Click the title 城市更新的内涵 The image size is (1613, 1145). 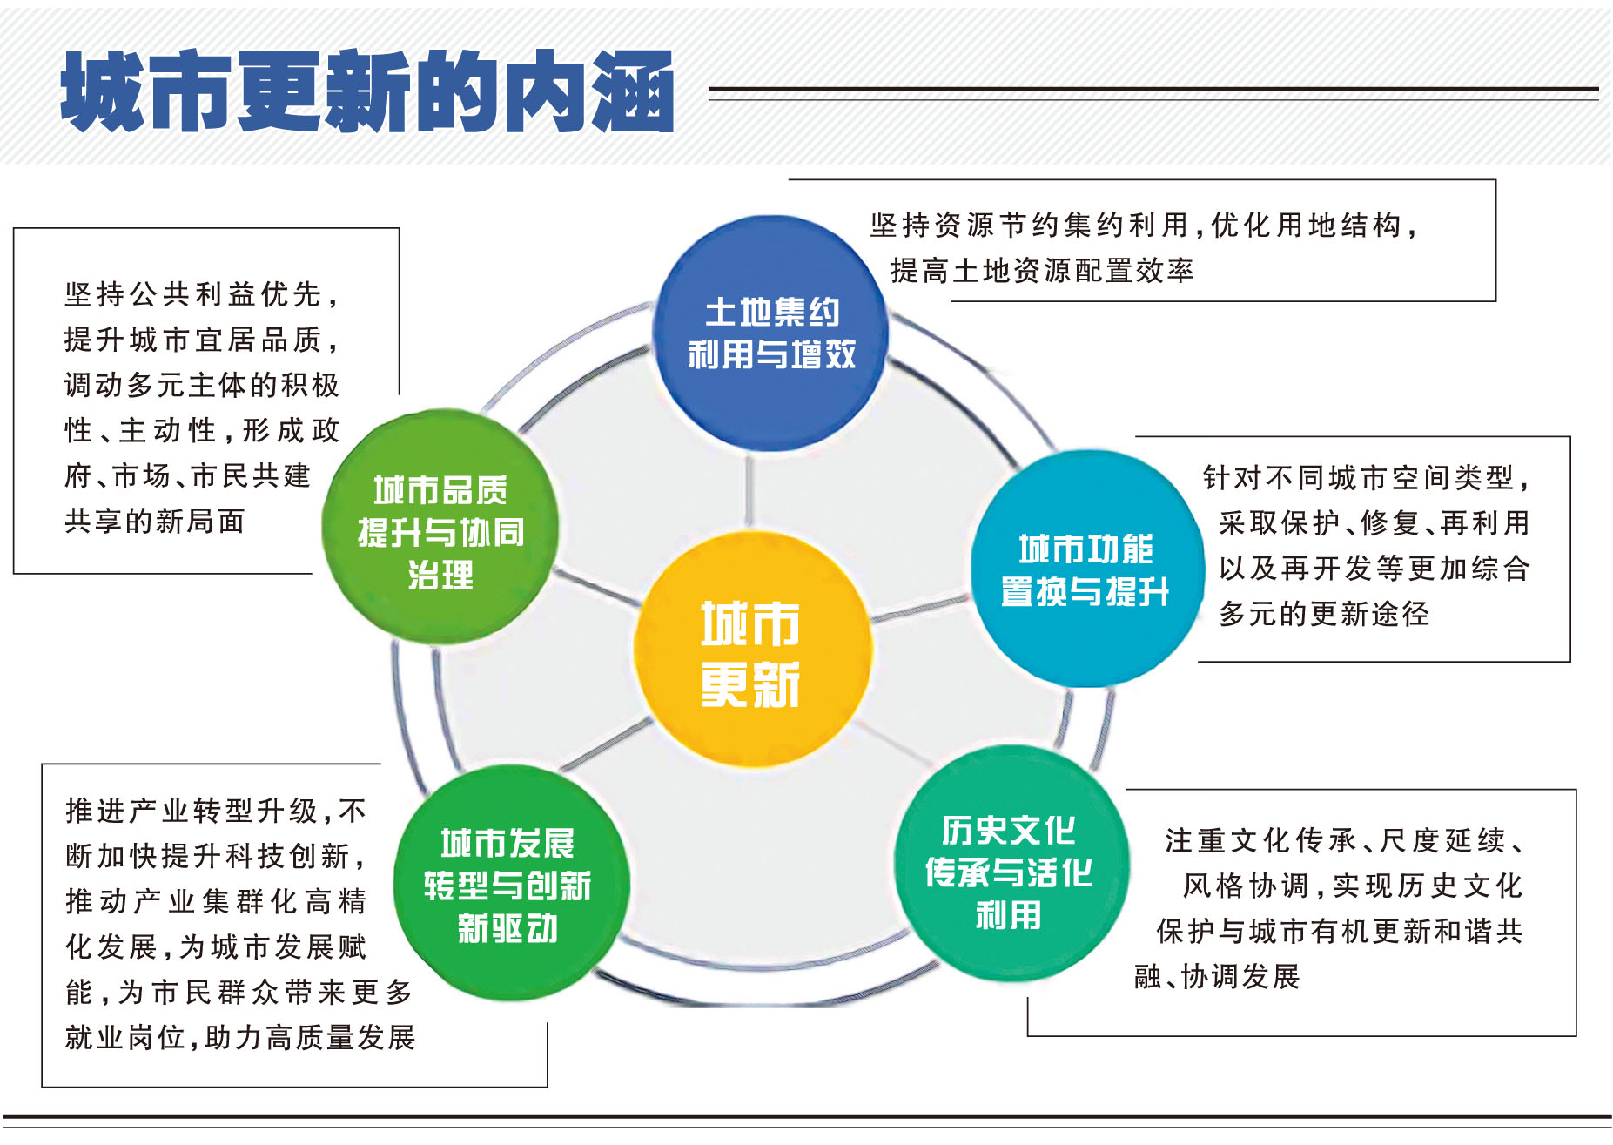coord(367,91)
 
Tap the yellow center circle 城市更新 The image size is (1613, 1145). coord(752,650)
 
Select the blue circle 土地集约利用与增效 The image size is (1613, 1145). coord(770,333)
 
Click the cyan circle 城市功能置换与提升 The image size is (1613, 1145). coord(1087,568)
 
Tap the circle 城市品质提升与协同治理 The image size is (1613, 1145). coord(440,528)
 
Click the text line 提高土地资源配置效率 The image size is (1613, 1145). coord(1042,271)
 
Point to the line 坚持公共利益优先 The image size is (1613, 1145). coord(201,294)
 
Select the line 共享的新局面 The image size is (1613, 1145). coord(155,521)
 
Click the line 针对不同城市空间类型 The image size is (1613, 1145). coord(1367,477)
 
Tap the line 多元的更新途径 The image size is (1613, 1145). coord(1324,613)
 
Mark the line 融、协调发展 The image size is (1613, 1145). coord(1217,976)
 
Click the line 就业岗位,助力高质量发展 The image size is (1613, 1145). coord(240,1037)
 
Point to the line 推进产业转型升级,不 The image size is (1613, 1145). coord(216,811)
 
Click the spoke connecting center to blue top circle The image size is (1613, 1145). coord(750,491)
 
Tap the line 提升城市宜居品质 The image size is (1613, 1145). coord(201,340)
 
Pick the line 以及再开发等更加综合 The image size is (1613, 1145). coord(1374,568)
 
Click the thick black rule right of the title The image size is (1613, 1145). coord(1153,89)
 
